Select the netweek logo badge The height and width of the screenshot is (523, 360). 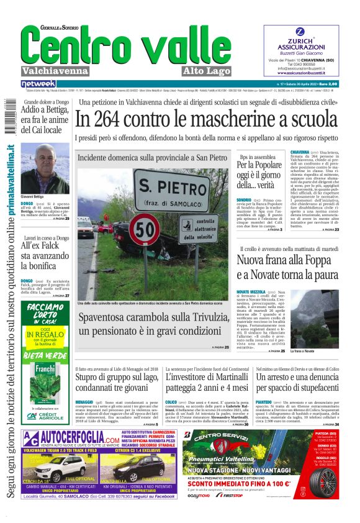click(x=38, y=83)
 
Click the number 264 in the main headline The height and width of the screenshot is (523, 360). click(x=133, y=119)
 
